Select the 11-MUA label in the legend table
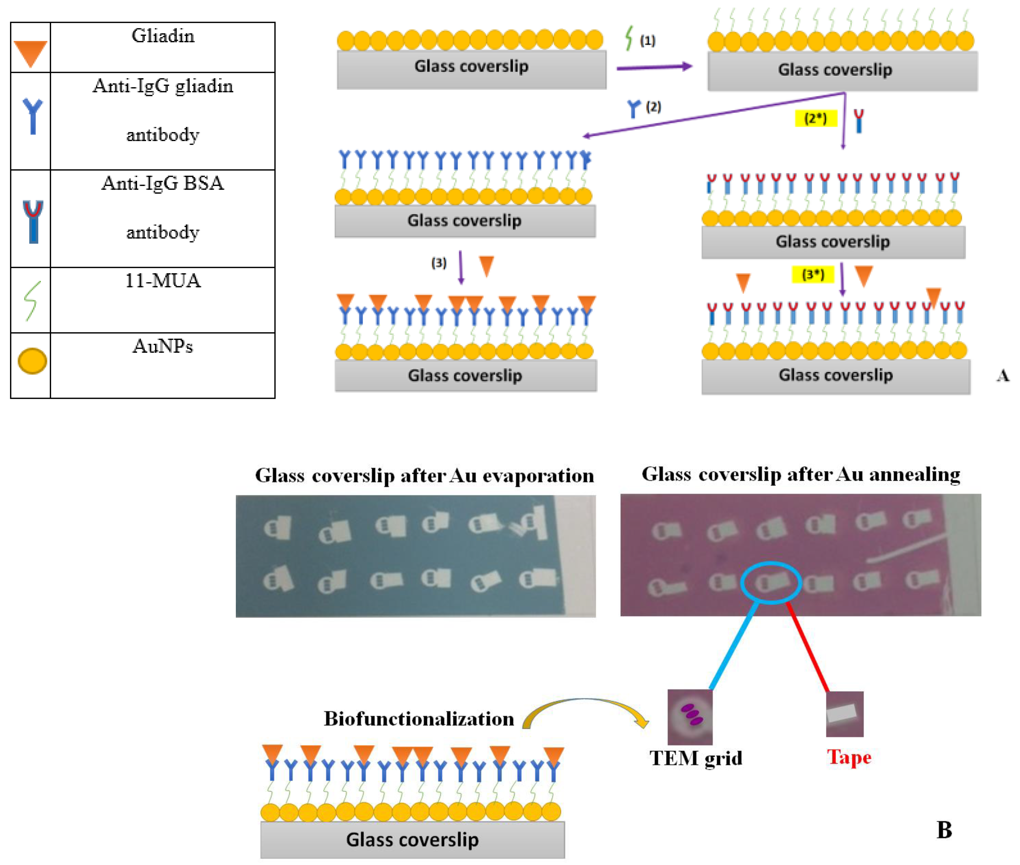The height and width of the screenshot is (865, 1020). [163, 280]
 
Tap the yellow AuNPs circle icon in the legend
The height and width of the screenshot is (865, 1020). [32, 361]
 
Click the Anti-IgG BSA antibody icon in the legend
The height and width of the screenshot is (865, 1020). [33, 221]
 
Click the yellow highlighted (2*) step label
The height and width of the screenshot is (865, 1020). [815, 118]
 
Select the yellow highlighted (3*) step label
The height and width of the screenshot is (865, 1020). [813, 274]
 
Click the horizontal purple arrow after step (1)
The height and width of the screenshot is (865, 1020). [654, 67]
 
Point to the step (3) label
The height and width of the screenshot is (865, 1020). [439, 263]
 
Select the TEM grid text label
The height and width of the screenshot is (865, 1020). [695, 758]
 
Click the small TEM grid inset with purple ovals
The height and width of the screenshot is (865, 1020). [690, 716]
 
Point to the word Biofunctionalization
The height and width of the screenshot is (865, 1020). [419, 719]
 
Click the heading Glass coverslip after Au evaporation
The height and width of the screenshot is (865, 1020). [424, 476]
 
